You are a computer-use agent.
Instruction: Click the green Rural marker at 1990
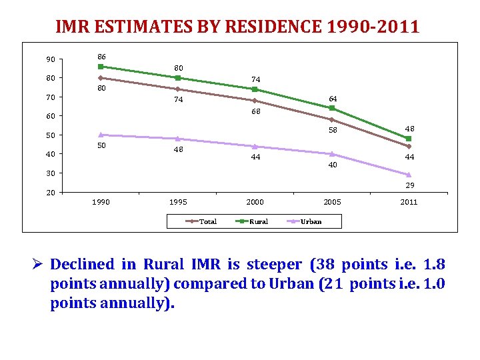101,67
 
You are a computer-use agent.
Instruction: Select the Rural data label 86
101,56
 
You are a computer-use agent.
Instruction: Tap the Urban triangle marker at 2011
409,175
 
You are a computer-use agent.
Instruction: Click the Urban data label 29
410,185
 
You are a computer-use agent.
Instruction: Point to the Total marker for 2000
255,101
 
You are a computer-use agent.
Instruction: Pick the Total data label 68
256,111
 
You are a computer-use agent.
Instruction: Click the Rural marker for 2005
331,108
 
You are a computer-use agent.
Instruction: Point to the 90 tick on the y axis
51,60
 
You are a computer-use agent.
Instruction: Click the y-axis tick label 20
51,193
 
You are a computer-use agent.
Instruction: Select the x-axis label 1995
178,203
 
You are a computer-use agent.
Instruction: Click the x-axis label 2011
409,203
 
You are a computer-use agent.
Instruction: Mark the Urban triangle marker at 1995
178,139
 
